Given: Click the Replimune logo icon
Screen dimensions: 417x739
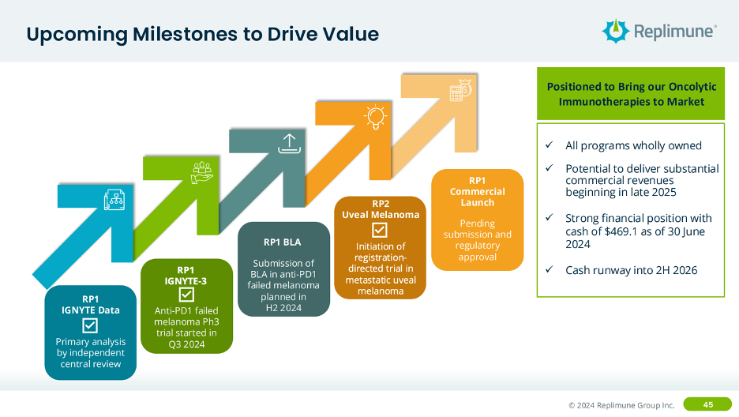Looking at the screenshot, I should click(616, 31).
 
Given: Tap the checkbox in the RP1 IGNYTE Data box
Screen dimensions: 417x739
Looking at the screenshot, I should click(90, 325).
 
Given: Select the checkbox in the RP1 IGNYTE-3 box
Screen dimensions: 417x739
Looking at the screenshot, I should click(186, 295).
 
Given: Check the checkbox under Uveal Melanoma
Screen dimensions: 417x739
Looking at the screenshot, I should click(380, 230).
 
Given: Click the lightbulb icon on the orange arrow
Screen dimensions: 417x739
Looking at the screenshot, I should click(374, 117).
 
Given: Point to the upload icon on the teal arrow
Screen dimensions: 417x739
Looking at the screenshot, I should click(288, 143).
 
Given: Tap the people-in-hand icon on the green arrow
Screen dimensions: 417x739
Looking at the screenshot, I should click(202, 171).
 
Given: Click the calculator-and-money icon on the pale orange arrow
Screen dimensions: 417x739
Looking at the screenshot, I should click(460, 92).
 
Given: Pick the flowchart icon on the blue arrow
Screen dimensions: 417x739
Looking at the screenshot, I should click(115, 203).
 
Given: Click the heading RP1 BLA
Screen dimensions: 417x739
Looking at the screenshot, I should click(282, 242).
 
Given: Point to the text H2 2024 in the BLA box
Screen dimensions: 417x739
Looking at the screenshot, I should click(282, 308).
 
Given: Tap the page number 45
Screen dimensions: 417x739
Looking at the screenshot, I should click(707, 404).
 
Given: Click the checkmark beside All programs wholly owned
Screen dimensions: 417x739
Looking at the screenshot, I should click(549, 145).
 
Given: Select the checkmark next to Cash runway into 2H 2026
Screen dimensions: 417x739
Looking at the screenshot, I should click(549, 270).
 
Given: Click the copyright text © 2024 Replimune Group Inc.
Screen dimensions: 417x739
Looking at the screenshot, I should click(621, 405).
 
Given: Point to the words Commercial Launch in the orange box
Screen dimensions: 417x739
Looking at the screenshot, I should click(477, 197).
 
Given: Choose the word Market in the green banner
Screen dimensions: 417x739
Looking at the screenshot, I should click(684, 101).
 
